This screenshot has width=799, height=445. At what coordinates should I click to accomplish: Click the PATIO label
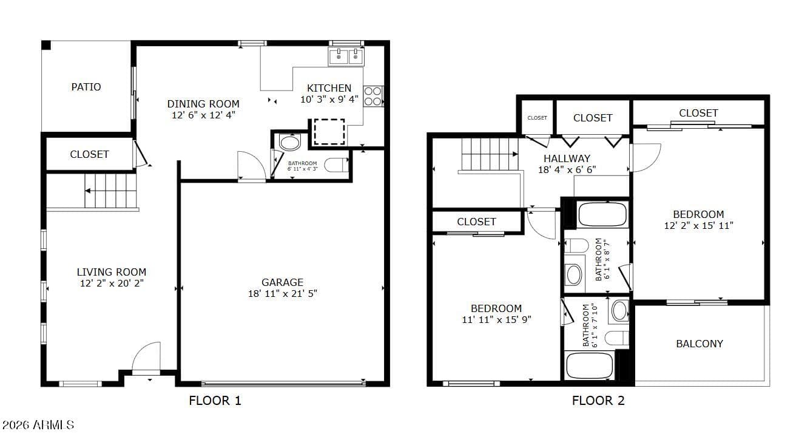tap(86, 87)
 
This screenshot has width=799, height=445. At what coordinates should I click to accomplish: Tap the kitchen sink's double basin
tap(346, 56)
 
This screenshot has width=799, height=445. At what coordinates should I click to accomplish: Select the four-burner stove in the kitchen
tap(373, 97)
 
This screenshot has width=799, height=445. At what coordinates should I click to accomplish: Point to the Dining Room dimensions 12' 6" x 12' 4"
tap(203, 115)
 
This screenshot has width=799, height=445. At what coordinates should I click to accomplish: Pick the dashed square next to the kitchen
tap(329, 132)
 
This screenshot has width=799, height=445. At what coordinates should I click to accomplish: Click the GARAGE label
tap(282, 282)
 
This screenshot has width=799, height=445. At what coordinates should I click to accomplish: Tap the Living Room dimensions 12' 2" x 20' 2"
tap(112, 284)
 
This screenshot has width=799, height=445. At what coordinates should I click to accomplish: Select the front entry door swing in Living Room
tap(146, 357)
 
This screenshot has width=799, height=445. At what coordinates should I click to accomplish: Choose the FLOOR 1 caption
tap(215, 401)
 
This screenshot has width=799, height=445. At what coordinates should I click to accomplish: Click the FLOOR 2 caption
tap(598, 401)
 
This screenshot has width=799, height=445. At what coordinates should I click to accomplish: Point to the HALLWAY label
tap(567, 158)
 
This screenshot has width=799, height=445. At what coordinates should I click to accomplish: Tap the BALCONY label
tap(700, 344)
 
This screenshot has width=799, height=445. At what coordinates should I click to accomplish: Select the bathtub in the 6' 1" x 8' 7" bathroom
tap(602, 214)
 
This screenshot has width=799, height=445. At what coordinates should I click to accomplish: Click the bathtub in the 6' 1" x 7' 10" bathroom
tap(589, 365)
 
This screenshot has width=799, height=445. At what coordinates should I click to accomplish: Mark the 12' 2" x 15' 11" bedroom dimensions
tap(698, 225)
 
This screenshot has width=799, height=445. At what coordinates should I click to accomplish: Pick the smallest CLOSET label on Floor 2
tap(537, 118)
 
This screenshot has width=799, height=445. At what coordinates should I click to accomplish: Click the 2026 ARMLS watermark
tap(38, 424)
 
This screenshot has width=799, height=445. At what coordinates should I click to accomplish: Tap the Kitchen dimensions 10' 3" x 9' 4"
tap(329, 99)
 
